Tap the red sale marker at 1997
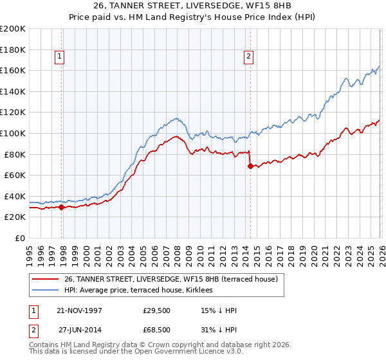coord(62,207)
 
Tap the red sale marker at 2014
coord(250,166)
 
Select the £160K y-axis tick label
coord(13,70)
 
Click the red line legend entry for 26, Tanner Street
coord(170,279)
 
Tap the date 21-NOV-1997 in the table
coord(80,310)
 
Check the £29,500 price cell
coord(157,310)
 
